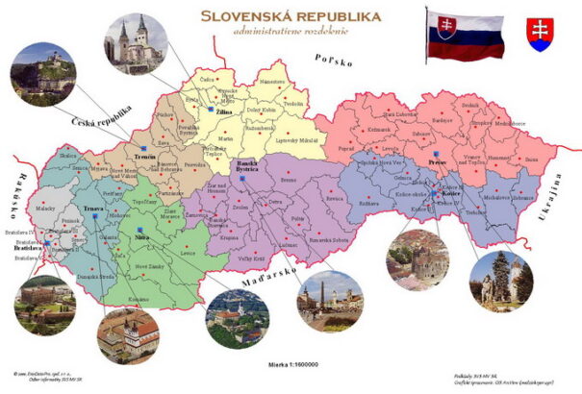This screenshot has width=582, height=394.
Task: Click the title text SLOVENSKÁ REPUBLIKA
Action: coord(291,15)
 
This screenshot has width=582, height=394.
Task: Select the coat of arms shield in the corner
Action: coord(541,34)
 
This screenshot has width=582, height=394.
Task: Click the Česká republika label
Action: coord(102,120)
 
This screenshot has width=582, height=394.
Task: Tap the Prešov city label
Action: coord(438,161)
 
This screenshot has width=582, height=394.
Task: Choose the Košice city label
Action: coord(453,193)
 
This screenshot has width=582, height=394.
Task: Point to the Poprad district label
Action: coord(373,150)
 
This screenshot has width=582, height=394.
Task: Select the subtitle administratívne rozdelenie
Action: coord(291,32)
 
